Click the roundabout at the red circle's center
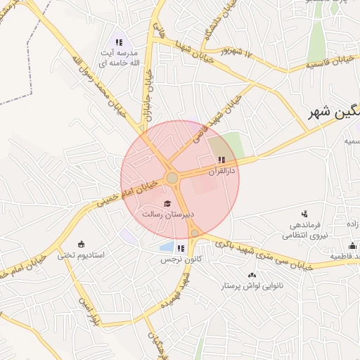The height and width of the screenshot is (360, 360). pos(172,178)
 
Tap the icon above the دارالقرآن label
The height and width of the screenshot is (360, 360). pos(222,160)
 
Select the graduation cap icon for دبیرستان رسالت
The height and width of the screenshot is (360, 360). pos(167,203)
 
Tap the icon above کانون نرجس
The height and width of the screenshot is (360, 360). pos(181,247)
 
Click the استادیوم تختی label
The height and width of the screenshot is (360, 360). pos(81,254)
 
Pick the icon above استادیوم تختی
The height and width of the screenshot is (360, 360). pos(81,243)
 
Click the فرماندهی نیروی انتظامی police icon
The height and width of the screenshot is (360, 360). pos(304,214)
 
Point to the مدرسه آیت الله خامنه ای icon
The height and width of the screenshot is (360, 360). pos(119,42)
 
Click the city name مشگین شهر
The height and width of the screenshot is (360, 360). pos(333,113)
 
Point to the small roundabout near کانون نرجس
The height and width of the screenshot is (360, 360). pos(195,233)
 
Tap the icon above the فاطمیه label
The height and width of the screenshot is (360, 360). pos(352,245)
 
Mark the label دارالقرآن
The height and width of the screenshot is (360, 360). pos(223,171)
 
